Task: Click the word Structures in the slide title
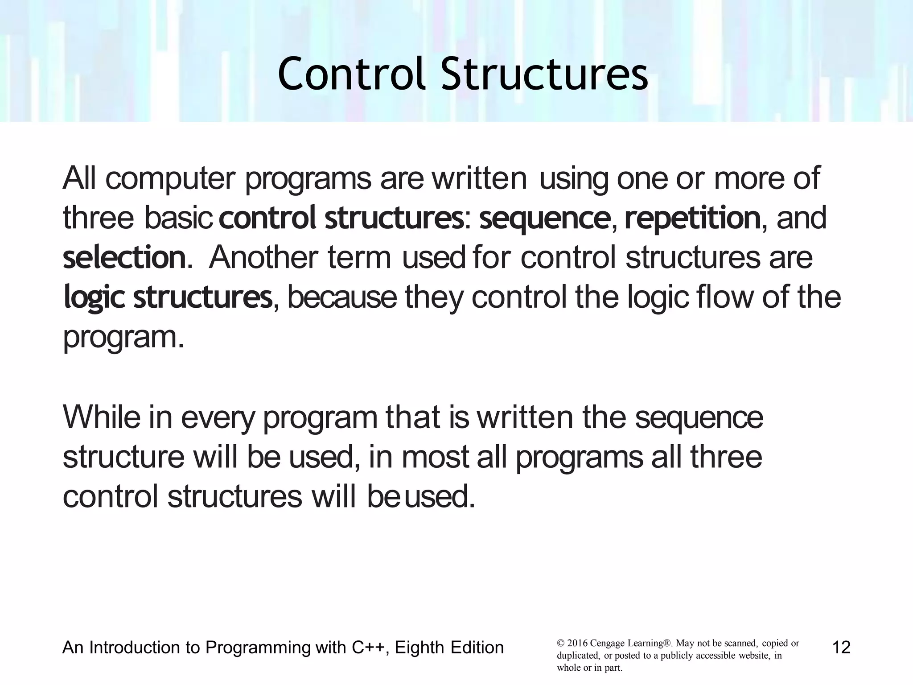(x=544, y=74)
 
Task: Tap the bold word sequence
(x=544, y=219)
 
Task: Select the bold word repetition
(x=692, y=219)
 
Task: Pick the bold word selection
(x=124, y=258)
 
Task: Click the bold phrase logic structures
(x=168, y=298)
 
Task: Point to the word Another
(x=263, y=258)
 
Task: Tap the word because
(x=342, y=298)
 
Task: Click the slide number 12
(x=841, y=647)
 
